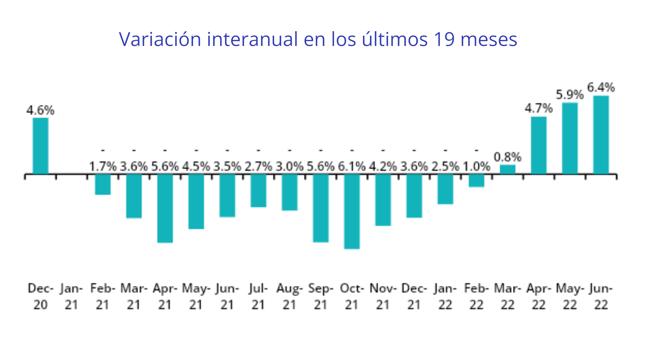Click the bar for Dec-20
(40, 146)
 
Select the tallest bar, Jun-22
(601, 135)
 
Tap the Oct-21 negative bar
(352, 211)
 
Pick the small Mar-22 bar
(508, 169)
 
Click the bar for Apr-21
(165, 208)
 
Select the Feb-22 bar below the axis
(476, 181)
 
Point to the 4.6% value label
(40, 110)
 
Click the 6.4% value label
(601, 87)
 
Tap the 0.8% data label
(508, 157)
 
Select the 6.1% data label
(352, 167)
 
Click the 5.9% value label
(570, 94)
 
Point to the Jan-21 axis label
(71, 297)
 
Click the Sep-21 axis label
(320, 297)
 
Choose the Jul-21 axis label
(258, 297)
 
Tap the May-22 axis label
(570, 297)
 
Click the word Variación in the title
(160, 39)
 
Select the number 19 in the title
(444, 39)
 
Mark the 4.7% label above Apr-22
(538, 108)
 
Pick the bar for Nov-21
(383, 200)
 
